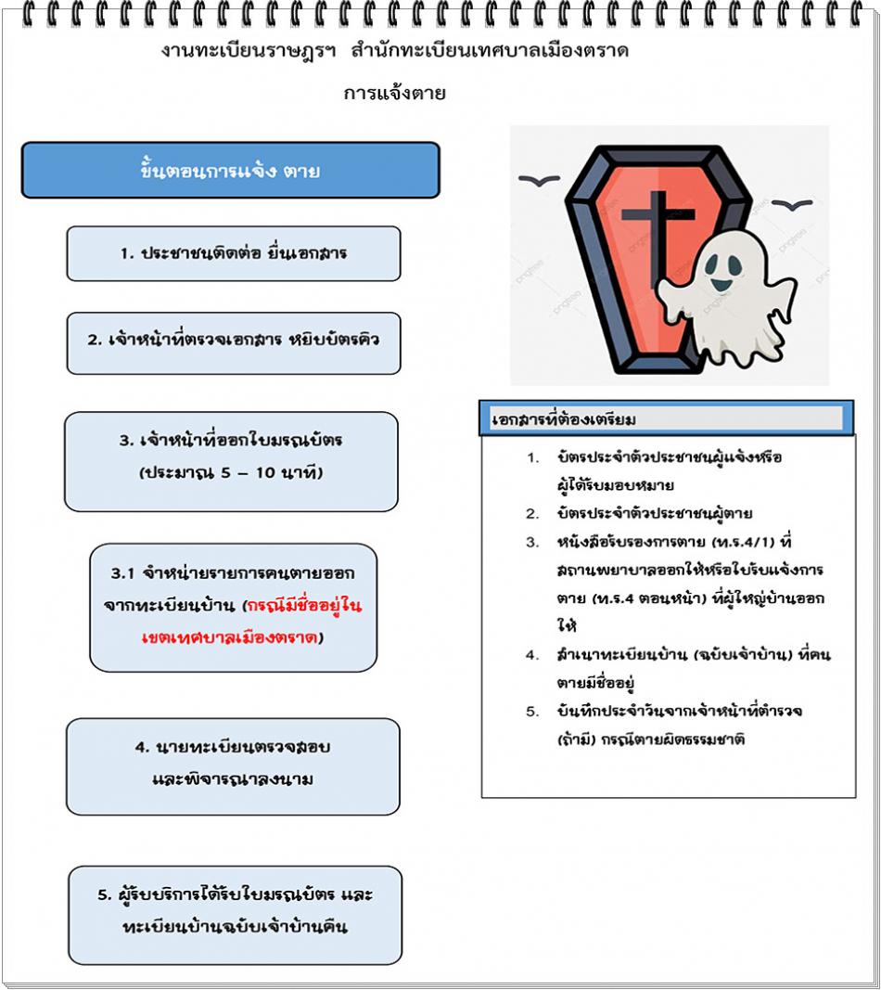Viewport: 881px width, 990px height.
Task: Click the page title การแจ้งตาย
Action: pyautogui.click(x=395, y=94)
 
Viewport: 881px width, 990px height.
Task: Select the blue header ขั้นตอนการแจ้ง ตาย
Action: pyautogui.click(x=230, y=171)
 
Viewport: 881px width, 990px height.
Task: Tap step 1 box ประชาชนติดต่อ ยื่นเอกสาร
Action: pyautogui.click(x=234, y=253)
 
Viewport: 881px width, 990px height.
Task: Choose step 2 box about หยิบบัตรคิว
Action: pyautogui.click(x=234, y=340)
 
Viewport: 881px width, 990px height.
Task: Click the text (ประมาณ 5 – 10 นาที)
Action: pyautogui.click(x=230, y=473)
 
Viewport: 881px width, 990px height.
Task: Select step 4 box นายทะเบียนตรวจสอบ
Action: pyautogui.click(x=233, y=764)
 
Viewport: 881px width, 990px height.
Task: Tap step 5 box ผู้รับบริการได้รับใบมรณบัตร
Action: pyautogui.click(x=235, y=912)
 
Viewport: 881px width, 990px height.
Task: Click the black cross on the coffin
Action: pyautogui.click(x=658, y=233)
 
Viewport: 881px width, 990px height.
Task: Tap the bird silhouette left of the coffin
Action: pyautogui.click(x=533, y=181)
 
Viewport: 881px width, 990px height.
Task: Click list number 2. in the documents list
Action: pyautogui.click(x=532, y=514)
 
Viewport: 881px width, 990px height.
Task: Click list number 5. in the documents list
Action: pyautogui.click(x=532, y=712)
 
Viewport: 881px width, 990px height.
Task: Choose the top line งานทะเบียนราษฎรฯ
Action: pyautogui.click(x=250, y=52)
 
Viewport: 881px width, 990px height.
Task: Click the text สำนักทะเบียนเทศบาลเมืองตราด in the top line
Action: pyautogui.click(x=490, y=52)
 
